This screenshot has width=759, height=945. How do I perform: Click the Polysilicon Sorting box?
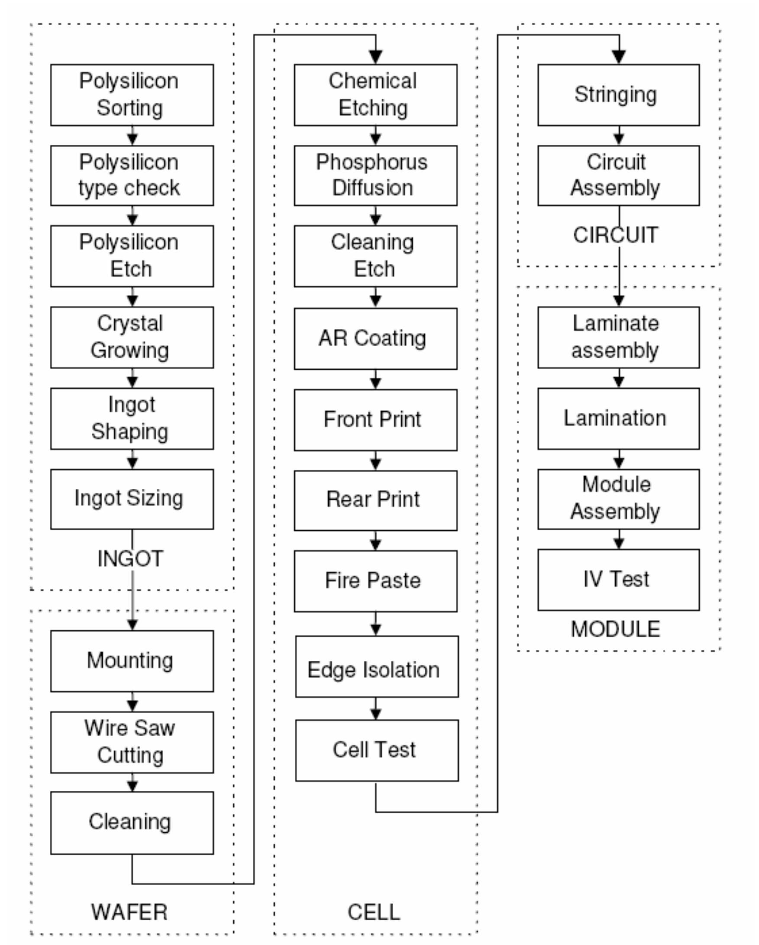pyautogui.click(x=132, y=95)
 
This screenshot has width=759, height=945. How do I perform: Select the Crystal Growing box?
pyautogui.click(x=132, y=337)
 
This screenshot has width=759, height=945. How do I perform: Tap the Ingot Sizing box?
pyautogui.click(x=132, y=499)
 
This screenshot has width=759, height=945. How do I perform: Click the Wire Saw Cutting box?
pyautogui.click(x=132, y=742)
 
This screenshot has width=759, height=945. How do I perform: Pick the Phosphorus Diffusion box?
pyautogui.click(x=375, y=175)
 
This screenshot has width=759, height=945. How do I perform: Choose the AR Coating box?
pyautogui.click(x=375, y=338)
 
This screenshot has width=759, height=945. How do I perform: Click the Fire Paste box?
pyautogui.click(x=375, y=581)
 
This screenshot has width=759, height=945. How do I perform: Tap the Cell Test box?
pyautogui.click(x=377, y=750)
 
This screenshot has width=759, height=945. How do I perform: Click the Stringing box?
pyautogui.click(x=618, y=95)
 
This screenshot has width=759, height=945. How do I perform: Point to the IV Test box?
pyautogui.click(x=618, y=579)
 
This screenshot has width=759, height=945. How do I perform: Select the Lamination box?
pyautogui.click(x=618, y=418)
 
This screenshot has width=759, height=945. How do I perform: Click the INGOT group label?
pyautogui.click(x=130, y=559)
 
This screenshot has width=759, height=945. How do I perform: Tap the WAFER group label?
pyautogui.click(x=129, y=912)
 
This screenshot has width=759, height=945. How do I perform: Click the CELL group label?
pyautogui.click(x=374, y=912)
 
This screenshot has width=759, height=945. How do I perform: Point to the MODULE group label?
pyautogui.click(x=615, y=629)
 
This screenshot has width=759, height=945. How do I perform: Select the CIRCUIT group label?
pyautogui.click(x=615, y=235)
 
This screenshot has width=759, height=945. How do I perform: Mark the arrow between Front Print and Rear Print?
pyautogui.click(x=375, y=461)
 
